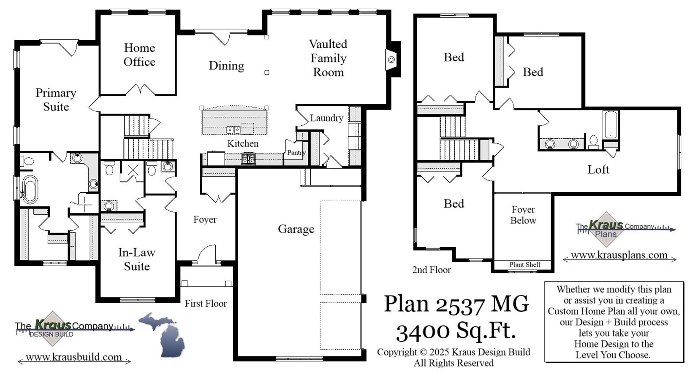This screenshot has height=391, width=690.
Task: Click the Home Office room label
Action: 139,55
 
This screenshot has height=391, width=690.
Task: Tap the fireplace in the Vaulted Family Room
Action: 391,60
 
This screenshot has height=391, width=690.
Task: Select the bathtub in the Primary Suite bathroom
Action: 29,189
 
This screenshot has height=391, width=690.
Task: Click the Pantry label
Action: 296,153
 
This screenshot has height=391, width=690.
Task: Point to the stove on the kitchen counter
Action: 248,159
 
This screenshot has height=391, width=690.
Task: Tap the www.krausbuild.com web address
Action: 74,357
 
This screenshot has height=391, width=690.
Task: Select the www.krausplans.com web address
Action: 619,255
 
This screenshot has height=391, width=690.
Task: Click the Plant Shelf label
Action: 524,265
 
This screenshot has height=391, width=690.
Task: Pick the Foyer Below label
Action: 523,215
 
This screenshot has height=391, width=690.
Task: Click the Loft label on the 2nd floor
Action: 598,170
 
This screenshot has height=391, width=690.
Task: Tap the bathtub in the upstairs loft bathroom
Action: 610,125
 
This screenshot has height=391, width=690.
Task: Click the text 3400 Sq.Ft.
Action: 456,332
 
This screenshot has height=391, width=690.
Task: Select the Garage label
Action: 296,229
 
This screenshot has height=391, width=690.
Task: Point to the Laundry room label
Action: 326,118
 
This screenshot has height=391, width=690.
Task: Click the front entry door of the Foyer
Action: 206,255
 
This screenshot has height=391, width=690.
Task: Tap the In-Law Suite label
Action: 137,259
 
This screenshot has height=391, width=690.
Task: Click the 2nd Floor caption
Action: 431,270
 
